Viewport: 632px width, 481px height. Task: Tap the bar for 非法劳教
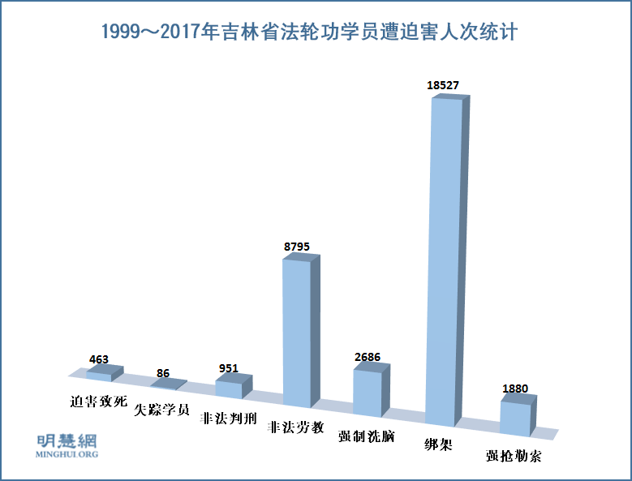pyautogui.click(x=297, y=333)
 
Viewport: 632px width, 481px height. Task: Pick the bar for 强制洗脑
pyautogui.click(x=368, y=393)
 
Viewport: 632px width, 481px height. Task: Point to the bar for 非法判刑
pyautogui.click(x=230, y=389)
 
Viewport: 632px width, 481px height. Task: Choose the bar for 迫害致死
pyautogui.click(x=100, y=376)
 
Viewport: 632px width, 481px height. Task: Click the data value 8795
pyautogui.click(x=297, y=246)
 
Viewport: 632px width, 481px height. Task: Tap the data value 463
pyautogui.click(x=99, y=359)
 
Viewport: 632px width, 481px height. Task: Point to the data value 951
pyautogui.click(x=229, y=367)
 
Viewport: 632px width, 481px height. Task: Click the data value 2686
pyautogui.click(x=367, y=357)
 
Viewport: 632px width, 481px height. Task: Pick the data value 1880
pyautogui.click(x=514, y=389)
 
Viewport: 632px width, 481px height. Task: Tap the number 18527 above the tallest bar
pyautogui.click(x=445, y=84)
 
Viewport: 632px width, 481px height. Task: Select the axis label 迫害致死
pyautogui.click(x=99, y=401)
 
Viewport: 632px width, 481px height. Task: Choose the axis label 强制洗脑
pyautogui.click(x=367, y=436)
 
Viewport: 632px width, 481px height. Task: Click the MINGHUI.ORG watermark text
pyautogui.click(x=68, y=454)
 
